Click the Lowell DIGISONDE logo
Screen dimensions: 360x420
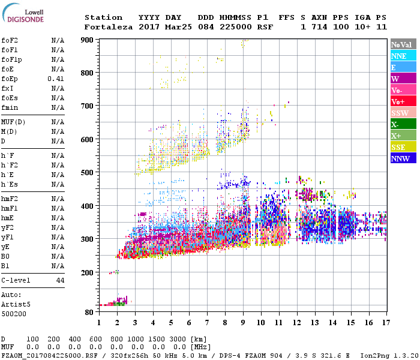[22, 15]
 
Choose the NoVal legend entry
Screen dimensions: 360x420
[403, 44]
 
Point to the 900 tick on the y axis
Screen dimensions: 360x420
[88, 40]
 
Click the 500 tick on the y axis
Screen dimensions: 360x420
[88, 173]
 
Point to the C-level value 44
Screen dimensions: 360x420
[60, 280]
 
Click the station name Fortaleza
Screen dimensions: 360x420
[109, 27]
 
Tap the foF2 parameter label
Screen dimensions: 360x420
[10, 40]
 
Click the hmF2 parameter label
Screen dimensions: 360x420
[10, 199]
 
